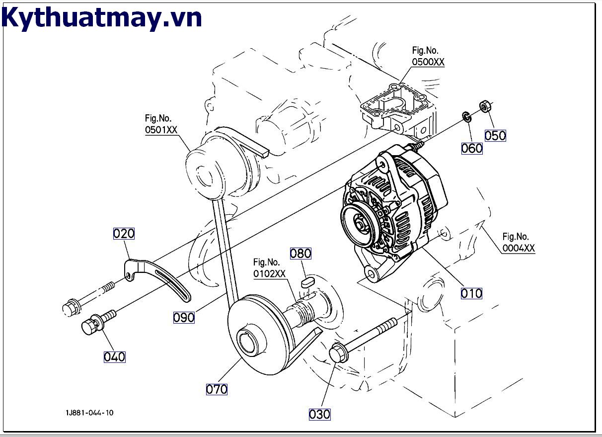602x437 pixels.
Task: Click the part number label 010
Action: coord(471,293)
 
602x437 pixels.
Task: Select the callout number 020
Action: coord(124,233)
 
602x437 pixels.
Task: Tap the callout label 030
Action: coord(319,414)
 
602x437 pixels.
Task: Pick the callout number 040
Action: coord(114,356)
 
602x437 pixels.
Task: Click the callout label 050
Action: coord(495,135)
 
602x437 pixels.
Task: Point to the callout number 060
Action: coord(471,148)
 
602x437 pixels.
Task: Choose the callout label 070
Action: coord(217,389)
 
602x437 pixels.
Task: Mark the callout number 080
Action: coord(301,253)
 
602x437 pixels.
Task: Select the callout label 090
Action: coord(184,317)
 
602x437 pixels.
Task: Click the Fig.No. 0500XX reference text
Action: coord(428,56)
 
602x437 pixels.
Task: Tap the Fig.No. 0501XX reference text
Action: coord(161,124)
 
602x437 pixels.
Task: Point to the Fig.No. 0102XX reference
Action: coord(269,267)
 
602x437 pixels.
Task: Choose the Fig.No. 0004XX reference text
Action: coord(519,242)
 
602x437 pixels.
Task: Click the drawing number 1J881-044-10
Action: coord(88,413)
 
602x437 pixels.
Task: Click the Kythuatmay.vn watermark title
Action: coord(102,17)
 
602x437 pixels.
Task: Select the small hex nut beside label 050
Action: coord(485,106)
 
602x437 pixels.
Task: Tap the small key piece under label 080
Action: coord(307,283)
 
